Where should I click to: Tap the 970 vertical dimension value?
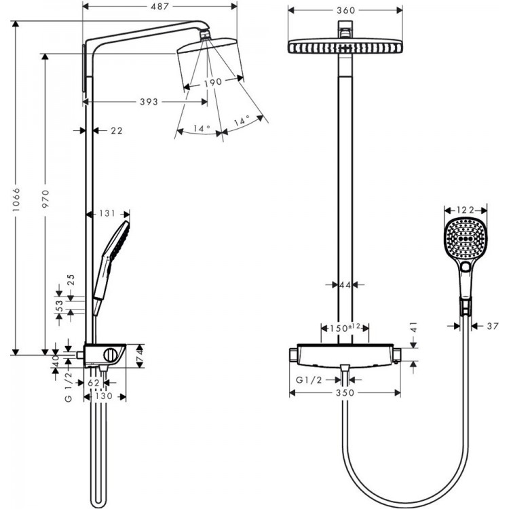pos(45,200)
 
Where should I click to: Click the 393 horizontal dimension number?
pos(148,102)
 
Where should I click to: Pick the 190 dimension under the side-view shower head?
pos(212,82)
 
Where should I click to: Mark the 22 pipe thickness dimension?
pos(116,130)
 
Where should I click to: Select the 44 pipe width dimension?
pos(345,286)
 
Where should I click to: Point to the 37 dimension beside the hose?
pos(493,326)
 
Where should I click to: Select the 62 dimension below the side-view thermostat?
pos(94,383)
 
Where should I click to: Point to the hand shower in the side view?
pos(111,261)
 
